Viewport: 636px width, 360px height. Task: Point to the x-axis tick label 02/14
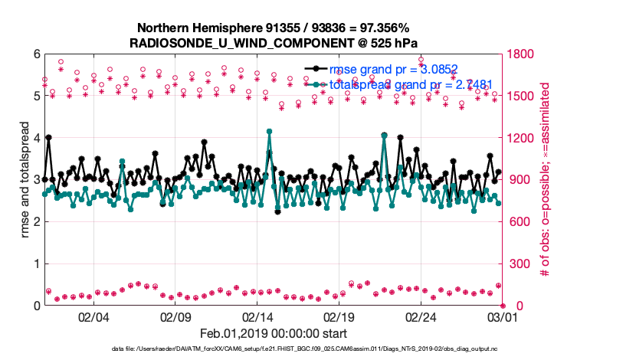(257, 316)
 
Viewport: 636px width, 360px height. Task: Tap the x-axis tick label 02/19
(339, 316)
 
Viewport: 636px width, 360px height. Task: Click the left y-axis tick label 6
(36, 54)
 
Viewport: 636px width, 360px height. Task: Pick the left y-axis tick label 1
(36, 263)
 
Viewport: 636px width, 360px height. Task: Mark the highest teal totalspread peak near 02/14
(269, 131)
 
